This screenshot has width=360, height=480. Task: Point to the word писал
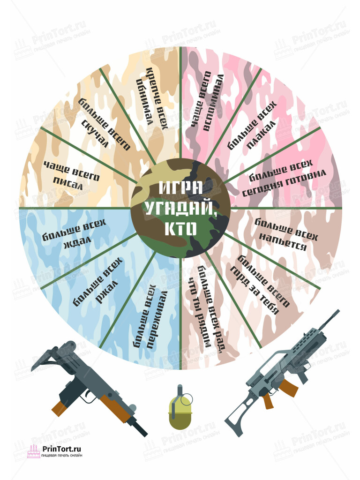[67, 183]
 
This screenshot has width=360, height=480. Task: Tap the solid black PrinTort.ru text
[62, 449]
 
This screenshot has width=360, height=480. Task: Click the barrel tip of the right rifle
[338, 311]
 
